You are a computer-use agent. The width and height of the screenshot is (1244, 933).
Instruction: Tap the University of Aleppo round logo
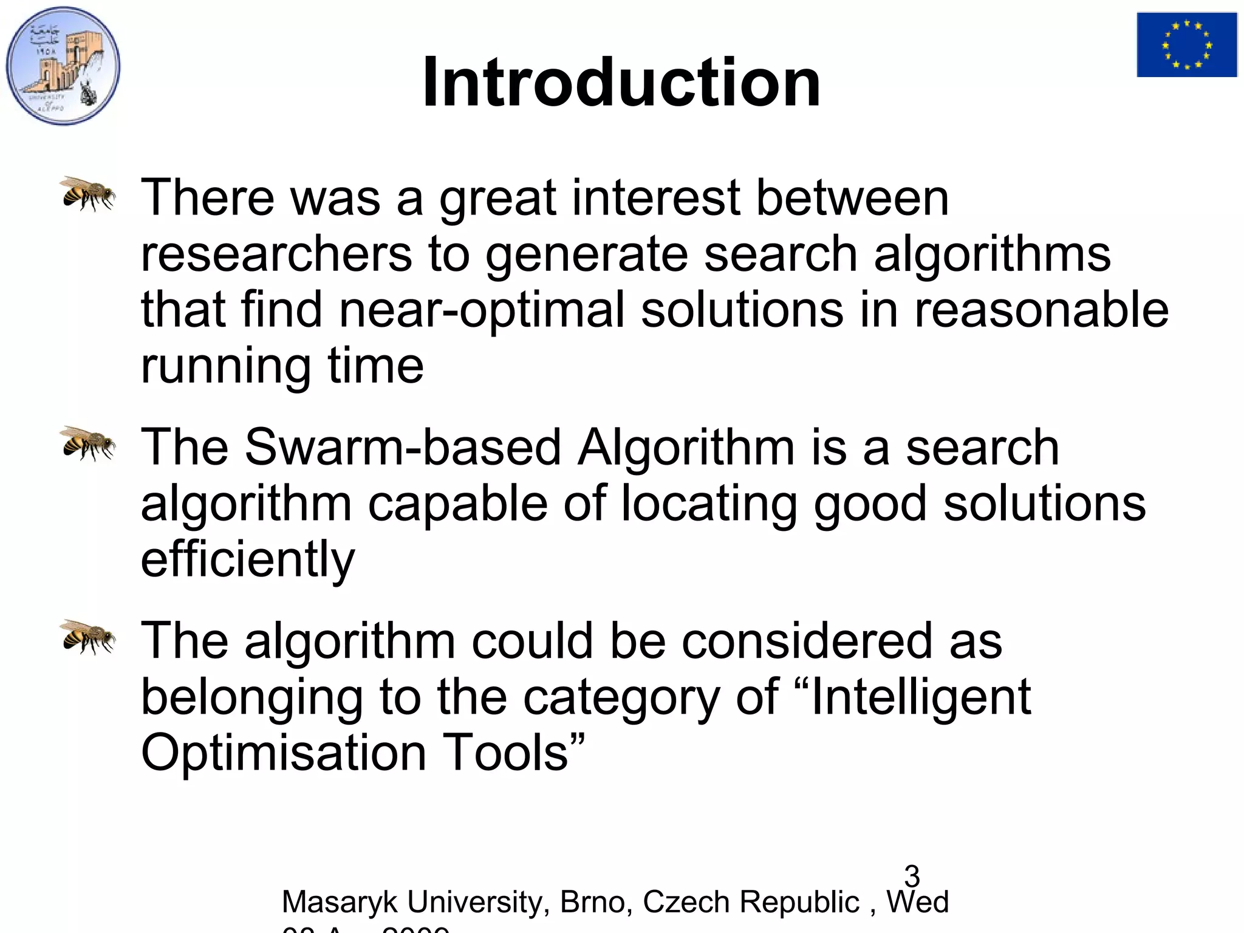(x=63, y=66)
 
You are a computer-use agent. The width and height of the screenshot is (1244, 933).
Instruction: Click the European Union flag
(x=1187, y=45)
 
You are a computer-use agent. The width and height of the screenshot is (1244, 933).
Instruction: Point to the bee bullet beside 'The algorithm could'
(x=89, y=637)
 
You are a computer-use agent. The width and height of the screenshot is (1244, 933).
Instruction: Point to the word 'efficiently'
(x=247, y=559)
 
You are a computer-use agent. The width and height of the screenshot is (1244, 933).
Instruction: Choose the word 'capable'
(x=457, y=504)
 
